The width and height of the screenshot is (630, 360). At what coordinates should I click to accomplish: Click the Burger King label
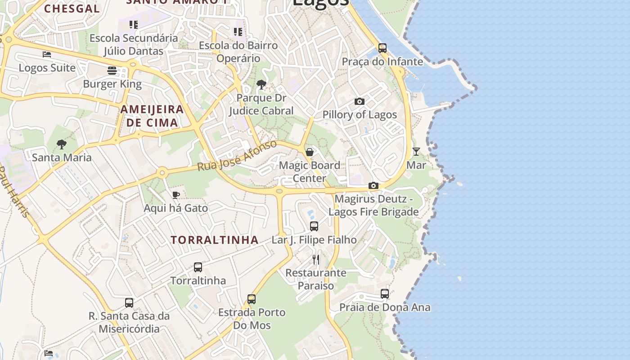pos(112,84)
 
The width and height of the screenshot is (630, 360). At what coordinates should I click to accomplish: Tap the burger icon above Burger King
pos(112,71)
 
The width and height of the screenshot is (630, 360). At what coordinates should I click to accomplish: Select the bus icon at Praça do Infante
pos(382,48)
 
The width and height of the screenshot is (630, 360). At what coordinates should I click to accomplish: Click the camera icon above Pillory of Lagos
pos(359,102)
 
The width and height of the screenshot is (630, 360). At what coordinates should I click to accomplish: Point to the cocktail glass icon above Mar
pos(416,152)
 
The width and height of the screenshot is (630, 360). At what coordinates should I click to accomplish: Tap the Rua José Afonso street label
pos(237,155)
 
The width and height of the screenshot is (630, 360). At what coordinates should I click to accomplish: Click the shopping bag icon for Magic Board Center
pos(310,152)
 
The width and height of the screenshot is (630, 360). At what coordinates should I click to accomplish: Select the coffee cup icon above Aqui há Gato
pos(175,195)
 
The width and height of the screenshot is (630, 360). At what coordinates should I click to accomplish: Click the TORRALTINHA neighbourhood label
pos(215,240)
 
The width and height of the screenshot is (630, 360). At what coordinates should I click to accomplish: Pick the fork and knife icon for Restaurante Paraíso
pos(316,260)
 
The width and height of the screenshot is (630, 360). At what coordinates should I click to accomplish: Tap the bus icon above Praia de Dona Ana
pos(385,294)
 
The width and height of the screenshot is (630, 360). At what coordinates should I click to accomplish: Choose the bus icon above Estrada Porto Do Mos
pos(252,299)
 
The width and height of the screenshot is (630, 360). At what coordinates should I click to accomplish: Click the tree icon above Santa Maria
pos(62,144)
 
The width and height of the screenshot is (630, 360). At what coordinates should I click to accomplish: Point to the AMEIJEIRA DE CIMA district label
pos(152,116)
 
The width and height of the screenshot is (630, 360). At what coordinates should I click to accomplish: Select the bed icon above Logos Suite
pos(47,54)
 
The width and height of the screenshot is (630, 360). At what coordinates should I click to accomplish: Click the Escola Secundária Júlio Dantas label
pos(134,44)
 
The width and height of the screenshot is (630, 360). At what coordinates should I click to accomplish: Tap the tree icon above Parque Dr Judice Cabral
pos(261,85)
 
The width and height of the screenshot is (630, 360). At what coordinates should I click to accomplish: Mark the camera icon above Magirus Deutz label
pos(373,185)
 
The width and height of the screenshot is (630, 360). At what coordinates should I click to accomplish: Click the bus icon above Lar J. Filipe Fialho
pos(314,226)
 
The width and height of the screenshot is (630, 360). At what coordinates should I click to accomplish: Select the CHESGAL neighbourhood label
pos(72,9)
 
